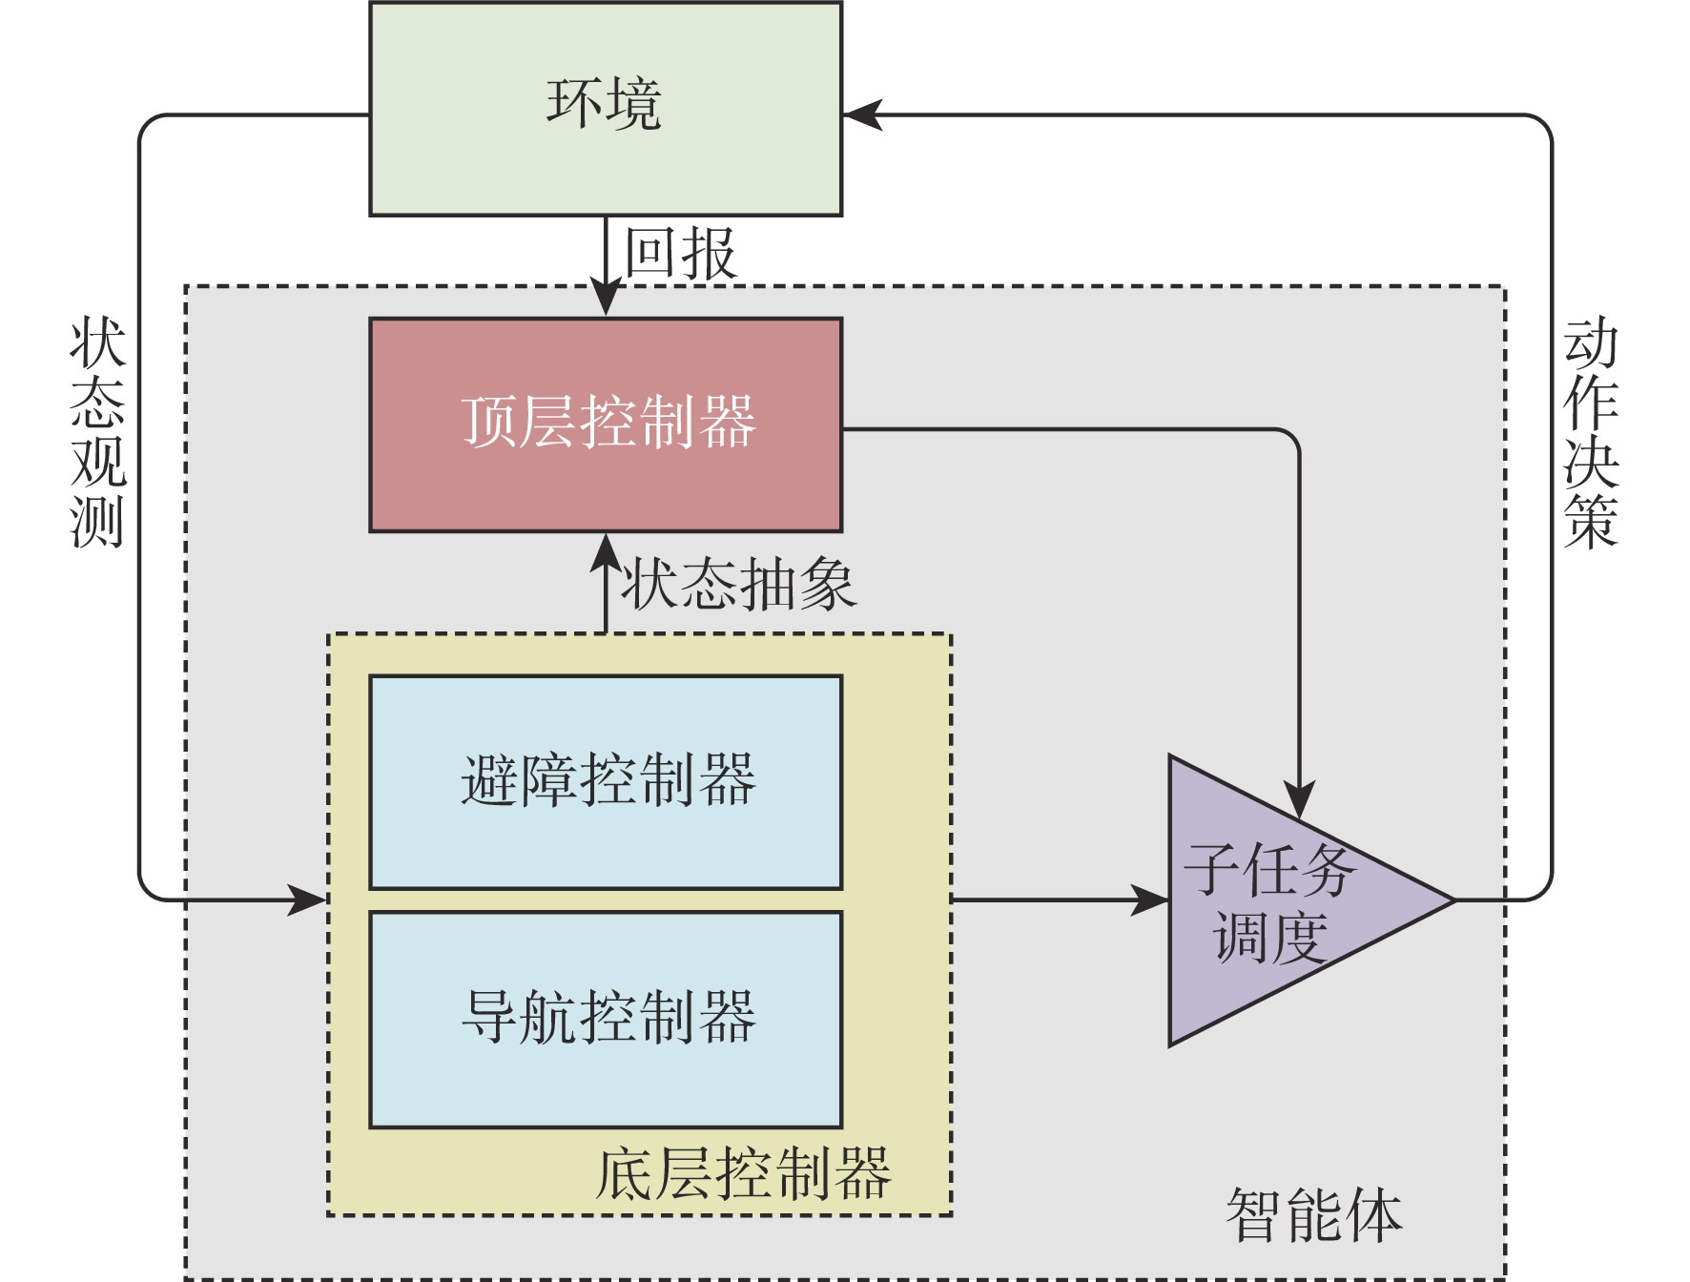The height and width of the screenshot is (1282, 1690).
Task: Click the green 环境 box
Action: (606, 109)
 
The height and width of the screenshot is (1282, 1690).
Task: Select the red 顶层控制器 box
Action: (606, 424)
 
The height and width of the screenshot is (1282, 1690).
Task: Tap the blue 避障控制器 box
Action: (606, 782)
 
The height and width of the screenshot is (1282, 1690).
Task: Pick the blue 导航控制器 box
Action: (606, 1019)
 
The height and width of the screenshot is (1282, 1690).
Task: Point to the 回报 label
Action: (680, 254)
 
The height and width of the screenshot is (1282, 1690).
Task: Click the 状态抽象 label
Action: (739, 584)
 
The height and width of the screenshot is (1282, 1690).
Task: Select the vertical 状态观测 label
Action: (97, 434)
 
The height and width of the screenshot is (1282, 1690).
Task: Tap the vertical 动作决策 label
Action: (1590, 434)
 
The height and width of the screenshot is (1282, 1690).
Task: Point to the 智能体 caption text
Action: (1313, 1216)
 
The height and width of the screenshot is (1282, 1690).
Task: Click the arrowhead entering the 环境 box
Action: (861, 115)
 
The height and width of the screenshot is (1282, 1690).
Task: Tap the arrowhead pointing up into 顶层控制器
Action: (606, 551)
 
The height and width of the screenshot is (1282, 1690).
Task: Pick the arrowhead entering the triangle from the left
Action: (1150, 899)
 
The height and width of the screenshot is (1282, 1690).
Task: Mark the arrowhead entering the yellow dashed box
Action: (309, 899)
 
